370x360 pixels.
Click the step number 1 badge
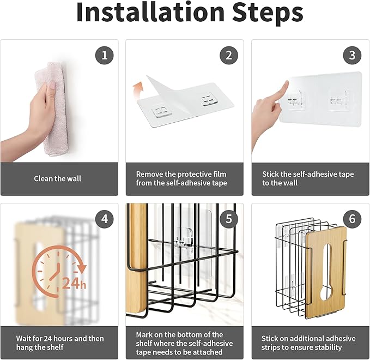[104, 56]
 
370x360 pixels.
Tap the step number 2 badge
[229, 56]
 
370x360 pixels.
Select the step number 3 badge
[352, 56]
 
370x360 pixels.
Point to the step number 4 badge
[104, 219]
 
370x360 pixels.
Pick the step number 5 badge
[229, 219]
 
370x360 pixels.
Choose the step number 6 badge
[352, 219]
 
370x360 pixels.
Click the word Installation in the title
[150, 13]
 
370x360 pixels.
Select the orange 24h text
[74, 283]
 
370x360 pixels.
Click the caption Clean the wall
[57, 178]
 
